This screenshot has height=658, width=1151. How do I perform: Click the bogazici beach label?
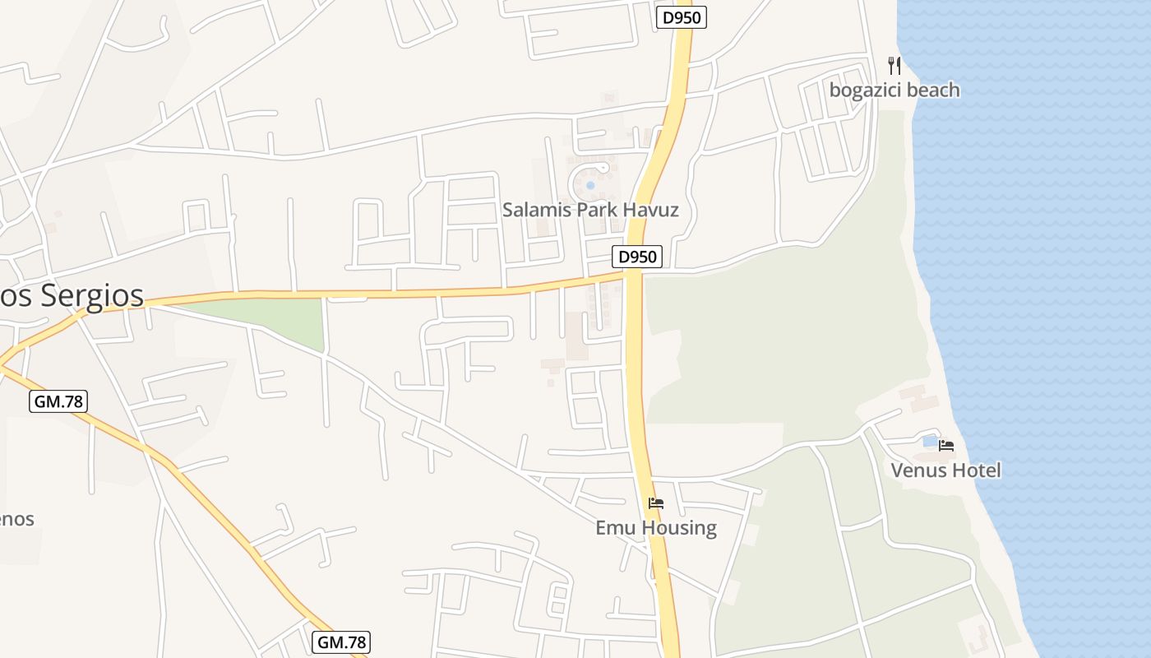pos(894,90)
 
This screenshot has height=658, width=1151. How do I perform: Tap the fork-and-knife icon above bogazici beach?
pos(894,66)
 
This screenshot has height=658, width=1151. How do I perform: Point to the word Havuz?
pos(650,210)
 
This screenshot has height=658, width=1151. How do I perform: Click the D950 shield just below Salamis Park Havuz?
pos(637,257)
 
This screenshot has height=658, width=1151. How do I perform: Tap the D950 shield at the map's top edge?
pos(682,17)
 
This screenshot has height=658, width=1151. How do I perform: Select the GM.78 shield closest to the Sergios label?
pos(58,401)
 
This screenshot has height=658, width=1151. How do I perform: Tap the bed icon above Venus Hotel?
pos(946,446)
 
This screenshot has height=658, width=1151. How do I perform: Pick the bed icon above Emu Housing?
pos(655,503)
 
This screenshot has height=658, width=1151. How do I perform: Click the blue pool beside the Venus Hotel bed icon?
pos(930,442)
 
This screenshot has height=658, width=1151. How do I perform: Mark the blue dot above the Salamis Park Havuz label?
pos(590,185)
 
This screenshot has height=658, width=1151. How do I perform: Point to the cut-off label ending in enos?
pos(16,519)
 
